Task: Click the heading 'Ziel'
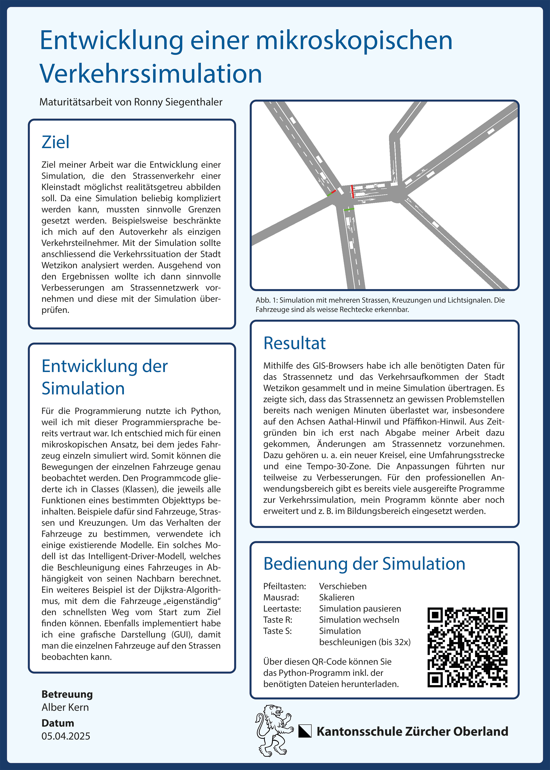(x=55, y=142)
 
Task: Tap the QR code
(x=467, y=647)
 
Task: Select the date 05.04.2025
(x=66, y=736)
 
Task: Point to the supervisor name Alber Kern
(x=65, y=707)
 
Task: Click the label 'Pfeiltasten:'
(x=284, y=586)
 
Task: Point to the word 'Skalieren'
(x=337, y=597)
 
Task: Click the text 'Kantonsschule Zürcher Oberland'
(x=412, y=731)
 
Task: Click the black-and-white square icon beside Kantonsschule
(x=305, y=731)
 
